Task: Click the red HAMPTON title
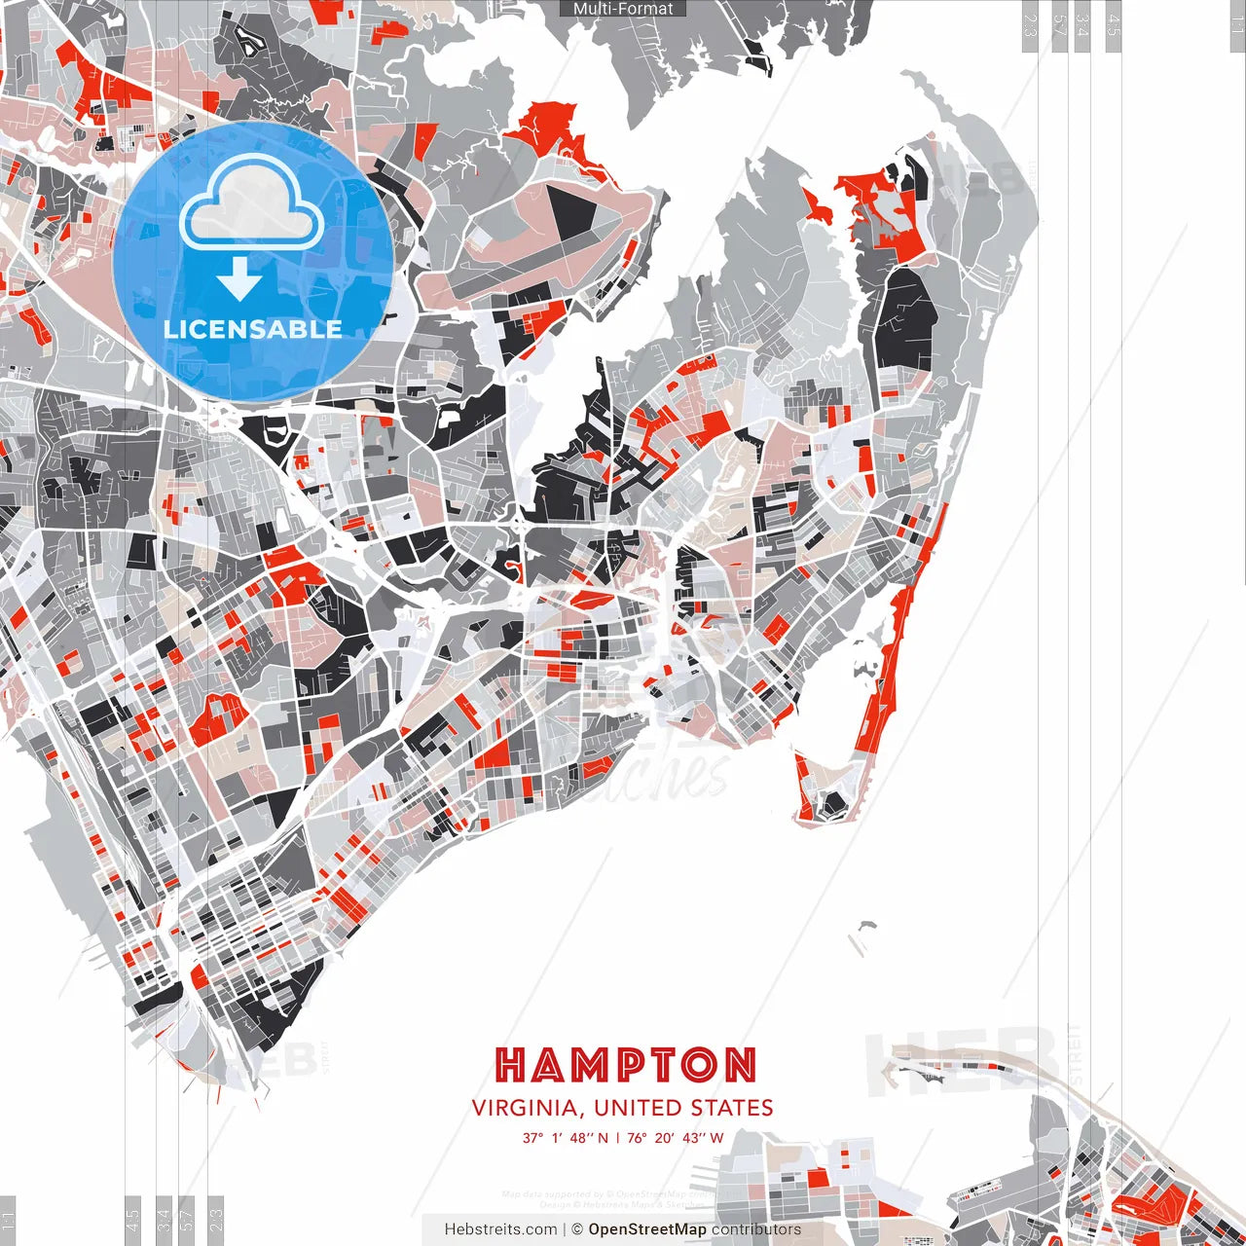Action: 625,1065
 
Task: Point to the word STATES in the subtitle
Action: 732,1108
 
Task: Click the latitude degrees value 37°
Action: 532,1138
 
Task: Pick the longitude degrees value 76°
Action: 638,1138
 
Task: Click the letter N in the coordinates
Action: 603,1138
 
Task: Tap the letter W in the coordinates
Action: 716,1138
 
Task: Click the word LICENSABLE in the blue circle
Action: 253,329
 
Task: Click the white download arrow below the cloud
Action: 239,280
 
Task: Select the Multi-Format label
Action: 623,9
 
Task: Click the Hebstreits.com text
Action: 500,1229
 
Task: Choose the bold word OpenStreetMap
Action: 647,1229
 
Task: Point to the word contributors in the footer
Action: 756,1229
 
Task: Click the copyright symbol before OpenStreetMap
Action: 576,1229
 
